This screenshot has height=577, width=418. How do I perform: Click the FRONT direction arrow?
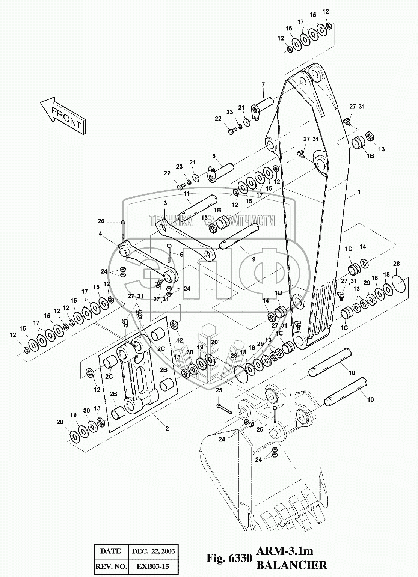63,114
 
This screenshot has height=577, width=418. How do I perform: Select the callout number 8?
214,155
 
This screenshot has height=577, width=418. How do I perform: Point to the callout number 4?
100,234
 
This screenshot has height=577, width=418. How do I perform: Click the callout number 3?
164,203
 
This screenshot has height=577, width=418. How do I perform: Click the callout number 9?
254,259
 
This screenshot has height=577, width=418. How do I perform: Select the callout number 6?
182,254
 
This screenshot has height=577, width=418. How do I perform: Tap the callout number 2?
167,428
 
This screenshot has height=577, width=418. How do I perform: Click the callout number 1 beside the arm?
359,192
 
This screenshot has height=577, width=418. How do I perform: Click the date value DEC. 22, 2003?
153,551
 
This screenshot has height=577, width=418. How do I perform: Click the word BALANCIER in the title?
291,565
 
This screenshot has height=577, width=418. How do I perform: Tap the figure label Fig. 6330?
229,559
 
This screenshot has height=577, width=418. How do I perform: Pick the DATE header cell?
111,551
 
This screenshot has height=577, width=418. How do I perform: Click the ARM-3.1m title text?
285,551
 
